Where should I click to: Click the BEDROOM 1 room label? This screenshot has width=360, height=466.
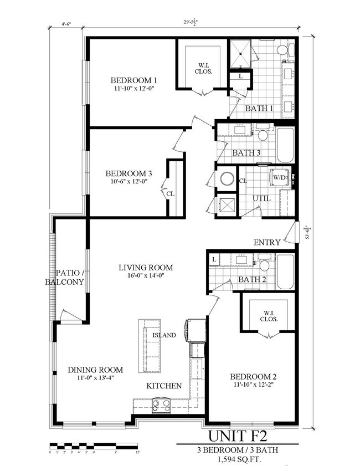pos(133,79)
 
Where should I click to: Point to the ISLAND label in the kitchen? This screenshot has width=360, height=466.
pos(164,335)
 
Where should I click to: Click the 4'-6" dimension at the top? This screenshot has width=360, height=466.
pos(66,24)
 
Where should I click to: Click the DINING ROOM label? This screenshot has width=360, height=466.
pos(95,370)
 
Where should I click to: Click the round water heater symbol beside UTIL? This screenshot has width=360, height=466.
pos(227,178)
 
